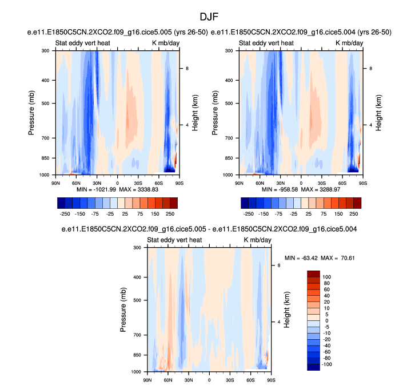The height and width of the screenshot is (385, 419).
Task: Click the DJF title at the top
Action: pyautogui.click(x=210, y=18)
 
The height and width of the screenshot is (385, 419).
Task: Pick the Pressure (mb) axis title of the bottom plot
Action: pyautogui.click(x=124, y=309)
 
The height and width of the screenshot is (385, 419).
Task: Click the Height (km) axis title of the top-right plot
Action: pyautogui.click(x=378, y=113)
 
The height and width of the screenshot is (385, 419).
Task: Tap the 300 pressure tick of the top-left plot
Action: pyautogui.click(x=46, y=51)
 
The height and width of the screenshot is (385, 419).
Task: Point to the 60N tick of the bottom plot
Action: pyautogui.click(x=167, y=379)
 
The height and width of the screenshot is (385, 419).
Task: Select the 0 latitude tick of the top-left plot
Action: pyautogui.click(x=118, y=182)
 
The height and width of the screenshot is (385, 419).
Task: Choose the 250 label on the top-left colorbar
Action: pyautogui.click(x=170, y=213)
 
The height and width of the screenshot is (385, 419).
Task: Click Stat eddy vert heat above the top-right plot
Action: pyautogui.click(x=266, y=43)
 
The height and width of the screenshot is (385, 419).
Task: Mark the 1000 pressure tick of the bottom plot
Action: pyautogui.click(x=137, y=372)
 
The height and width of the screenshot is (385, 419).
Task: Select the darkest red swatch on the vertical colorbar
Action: pyautogui.click(x=314, y=273)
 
